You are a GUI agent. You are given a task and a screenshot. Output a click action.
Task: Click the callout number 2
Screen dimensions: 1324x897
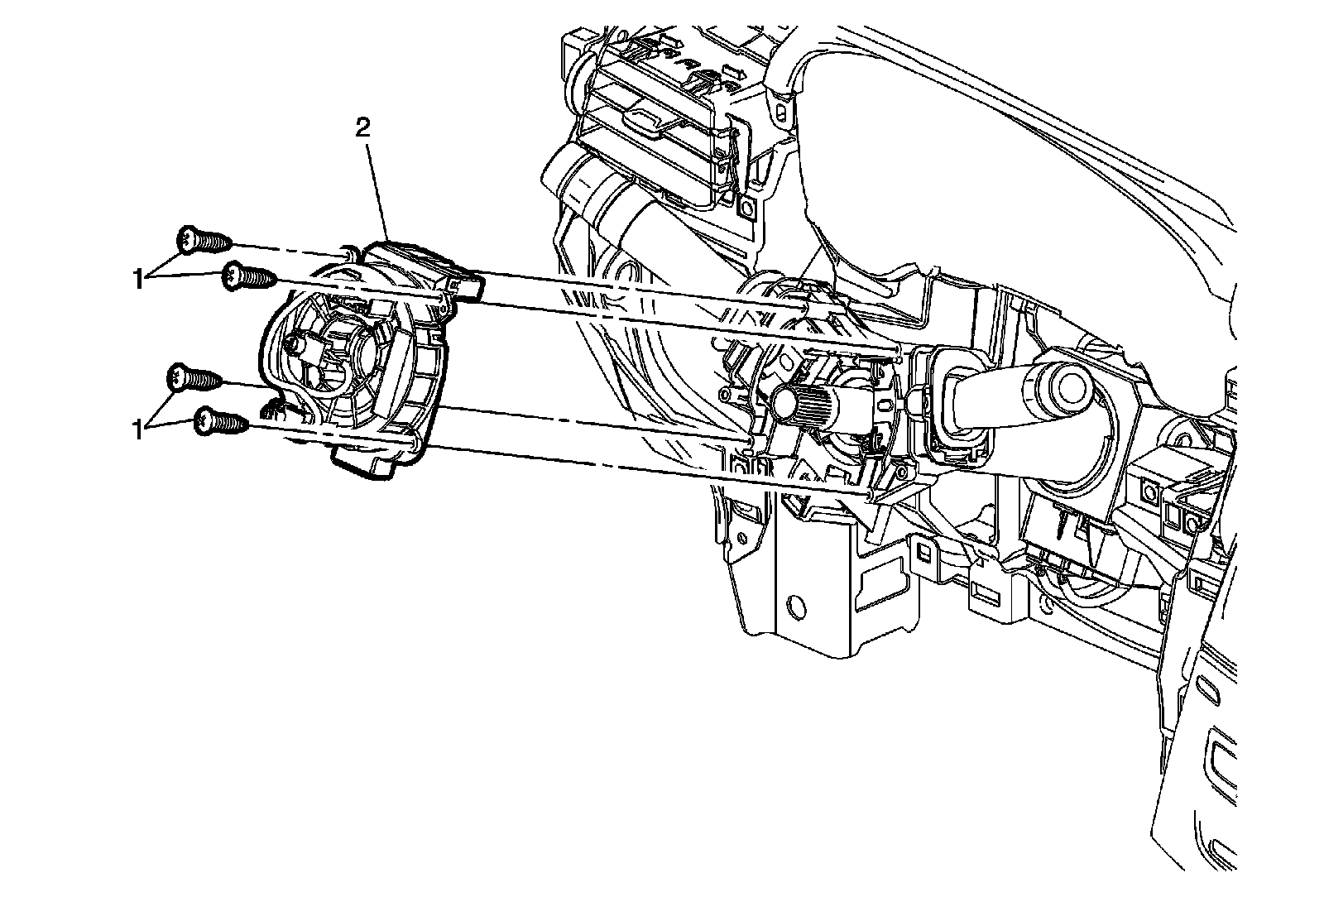point(362,127)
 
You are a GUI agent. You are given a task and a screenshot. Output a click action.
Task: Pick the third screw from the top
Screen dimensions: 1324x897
point(194,380)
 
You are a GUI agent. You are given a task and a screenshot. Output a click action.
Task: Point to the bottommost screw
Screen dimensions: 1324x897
point(220,424)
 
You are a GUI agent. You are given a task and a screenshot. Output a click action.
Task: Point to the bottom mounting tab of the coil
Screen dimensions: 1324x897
point(364,463)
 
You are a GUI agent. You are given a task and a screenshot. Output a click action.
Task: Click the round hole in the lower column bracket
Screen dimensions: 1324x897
point(797,607)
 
